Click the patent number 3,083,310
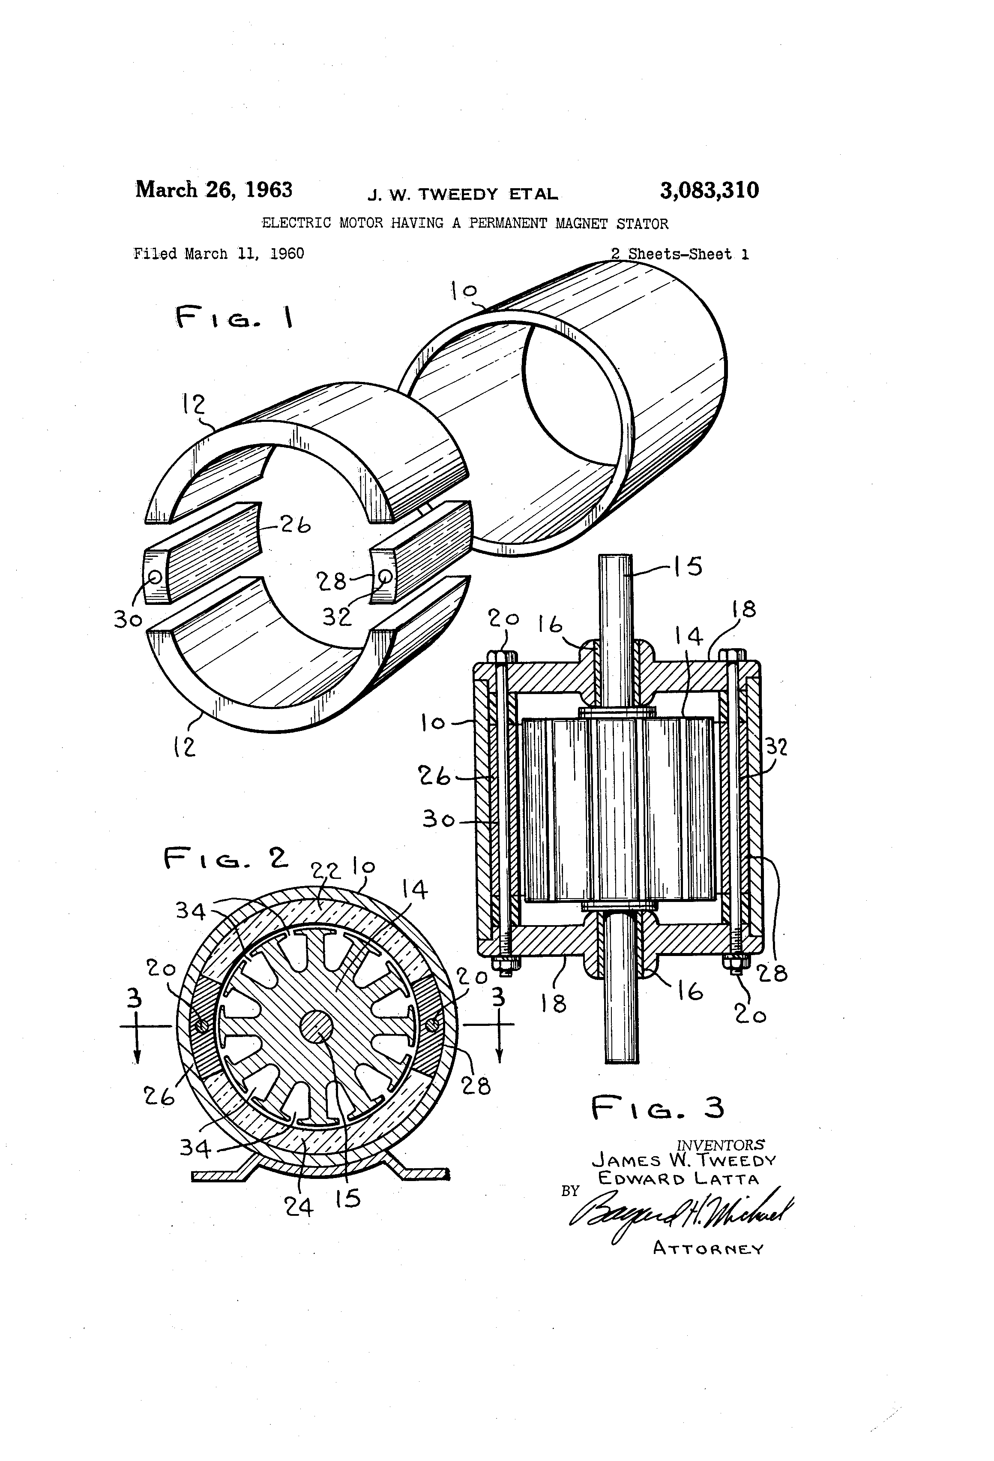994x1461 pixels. tap(709, 190)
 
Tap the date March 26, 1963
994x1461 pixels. tap(214, 189)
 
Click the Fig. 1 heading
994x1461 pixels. tap(234, 318)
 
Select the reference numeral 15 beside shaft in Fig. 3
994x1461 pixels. tap(687, 566)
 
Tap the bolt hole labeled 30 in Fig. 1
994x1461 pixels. tap(155, 577)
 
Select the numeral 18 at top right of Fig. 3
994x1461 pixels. tap(744, 609)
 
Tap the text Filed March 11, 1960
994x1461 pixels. tap(219, 254)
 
